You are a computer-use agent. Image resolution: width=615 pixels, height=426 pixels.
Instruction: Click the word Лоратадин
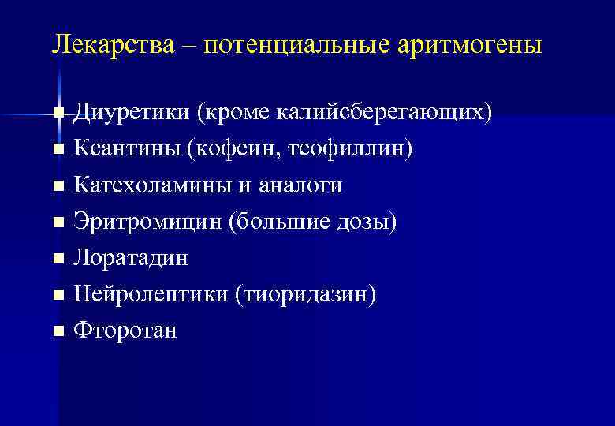click(x=130, y=258)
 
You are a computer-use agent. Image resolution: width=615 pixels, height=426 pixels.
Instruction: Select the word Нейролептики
click(x=150, y=294)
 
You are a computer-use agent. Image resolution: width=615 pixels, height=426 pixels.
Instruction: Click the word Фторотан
click(x=125, y=331)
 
